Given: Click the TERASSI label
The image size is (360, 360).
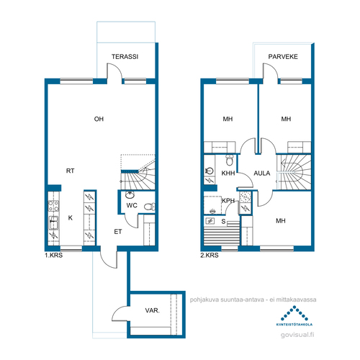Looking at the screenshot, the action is pyautogui.click(x=125, y=57).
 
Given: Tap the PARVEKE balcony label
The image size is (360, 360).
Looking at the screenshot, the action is pyautogui.click(x=283, y=57).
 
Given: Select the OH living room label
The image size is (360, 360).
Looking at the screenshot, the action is pyautogui.click(x=99, y=119).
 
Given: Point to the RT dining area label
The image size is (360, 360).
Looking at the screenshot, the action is pyautogui.click(x=70, y=171).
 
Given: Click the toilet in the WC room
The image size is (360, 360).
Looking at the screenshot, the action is pyautogui.click(x=150, y=207).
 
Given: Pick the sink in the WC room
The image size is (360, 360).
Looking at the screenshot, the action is pyautogui.click(x=130, y=195).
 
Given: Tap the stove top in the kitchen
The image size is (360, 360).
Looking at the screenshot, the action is pyautogui.click(x=53, y=206).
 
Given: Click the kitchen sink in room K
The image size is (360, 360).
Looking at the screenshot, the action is pyautogui.click(x=53, y=222).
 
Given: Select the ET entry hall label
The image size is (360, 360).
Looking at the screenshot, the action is pyautogui.click(x=118, y=232).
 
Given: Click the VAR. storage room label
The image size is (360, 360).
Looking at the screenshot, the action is pyautogui.click(x=152, y=310).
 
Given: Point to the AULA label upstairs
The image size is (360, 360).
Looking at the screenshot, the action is pyautogui.click(x=262, y=173).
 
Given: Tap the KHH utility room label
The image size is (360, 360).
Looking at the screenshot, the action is pyautogui.click(x=228, y=173).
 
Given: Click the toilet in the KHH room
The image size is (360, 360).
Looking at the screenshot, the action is pyautogui.click(x=230, y=160).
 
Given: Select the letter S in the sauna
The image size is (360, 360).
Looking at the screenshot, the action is pyautogui.click(x=223, y=221).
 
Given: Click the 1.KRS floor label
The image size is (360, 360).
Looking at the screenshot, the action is pyautogui.click(x=53, y=255).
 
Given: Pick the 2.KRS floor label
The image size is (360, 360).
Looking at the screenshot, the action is pyautogui.click(x=210, y=255).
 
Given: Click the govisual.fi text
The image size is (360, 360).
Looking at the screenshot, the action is pyautogui.click(x=297, y=335).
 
